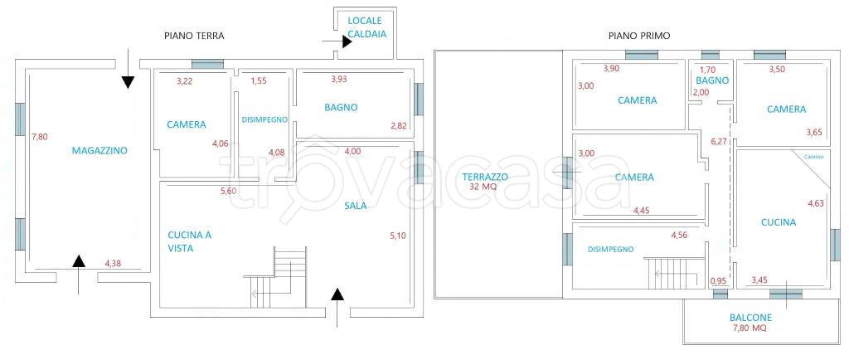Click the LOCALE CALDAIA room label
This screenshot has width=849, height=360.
pos(365,27)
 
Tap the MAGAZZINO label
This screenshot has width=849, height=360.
pos(99,150)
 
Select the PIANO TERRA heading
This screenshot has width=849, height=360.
pos(194,36)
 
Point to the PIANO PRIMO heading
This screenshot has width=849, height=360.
pos(639,36)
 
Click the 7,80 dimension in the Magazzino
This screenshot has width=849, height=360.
pos(40,137)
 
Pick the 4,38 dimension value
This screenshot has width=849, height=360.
pos(113,264)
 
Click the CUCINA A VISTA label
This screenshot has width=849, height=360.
pos(190,241)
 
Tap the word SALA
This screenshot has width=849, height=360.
pos(356,206)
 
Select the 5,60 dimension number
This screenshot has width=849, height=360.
pos(229,191)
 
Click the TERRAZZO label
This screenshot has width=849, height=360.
pos(485,177)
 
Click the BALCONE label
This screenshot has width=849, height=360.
pos(750,318)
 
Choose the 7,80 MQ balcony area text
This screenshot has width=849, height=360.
pos(750,328)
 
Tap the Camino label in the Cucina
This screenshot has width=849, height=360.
pos(814,157)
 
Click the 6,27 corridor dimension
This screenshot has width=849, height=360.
pos(719,142)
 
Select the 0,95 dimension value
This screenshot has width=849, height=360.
pos(719,280)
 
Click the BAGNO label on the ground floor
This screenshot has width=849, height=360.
pos(341,107)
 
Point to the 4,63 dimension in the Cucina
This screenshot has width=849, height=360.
pos(816,203)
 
